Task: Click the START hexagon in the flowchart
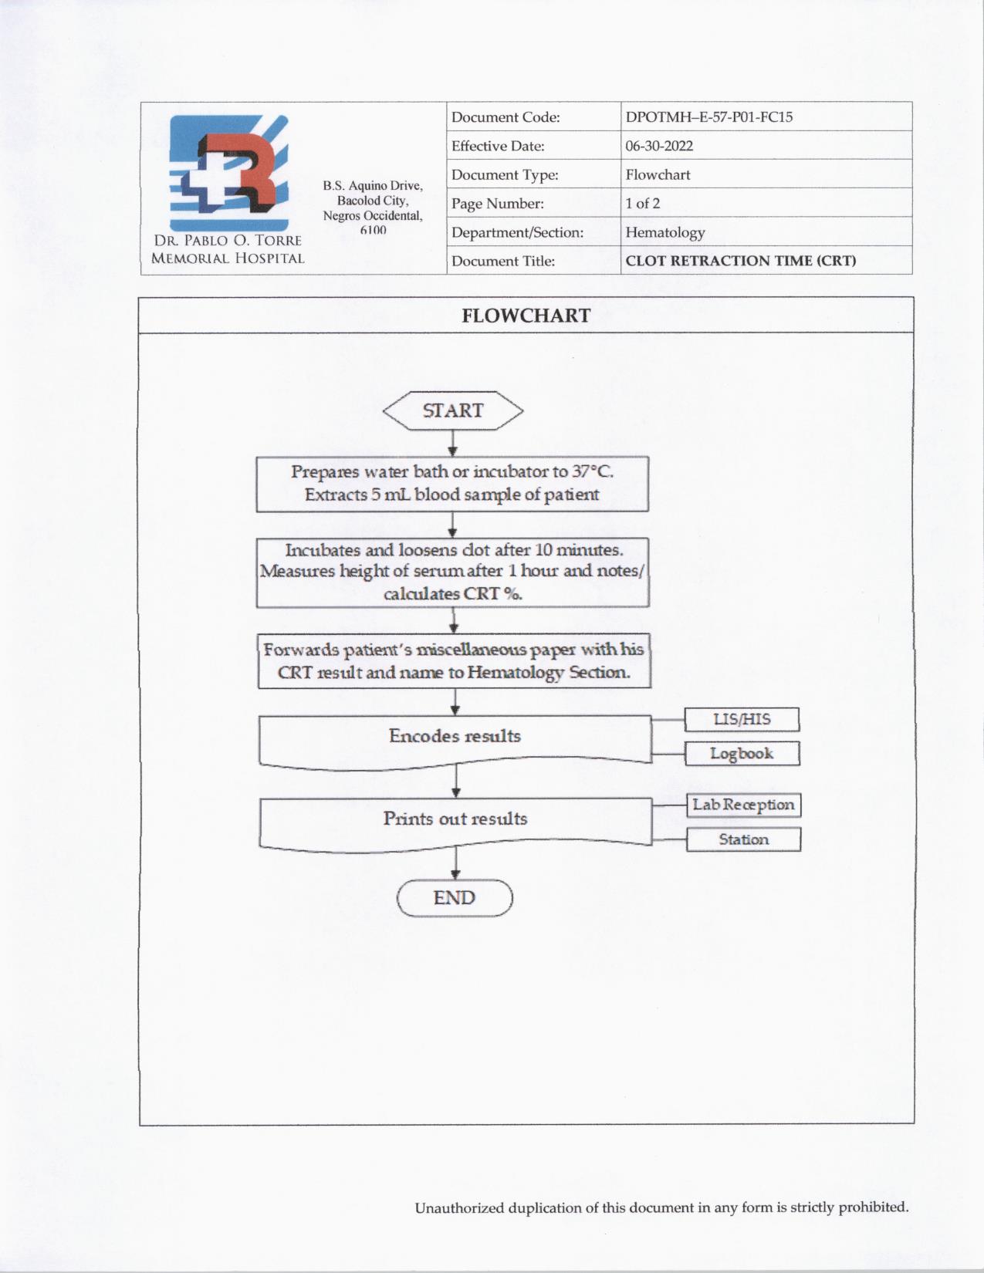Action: tap(453, 410)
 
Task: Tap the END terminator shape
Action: tap(455, 898)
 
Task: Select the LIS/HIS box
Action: tap(742, 719)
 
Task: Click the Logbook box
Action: tap(742, 754)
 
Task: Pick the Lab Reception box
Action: tap(743, 805)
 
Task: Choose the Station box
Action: tap(743, 839)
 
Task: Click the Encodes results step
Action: tap(455, 737)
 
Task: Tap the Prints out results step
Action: tap(455, 819)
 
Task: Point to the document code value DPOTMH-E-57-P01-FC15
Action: tap(708, 117)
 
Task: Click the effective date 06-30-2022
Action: tap(659, 146)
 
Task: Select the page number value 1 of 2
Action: tap(642, 204)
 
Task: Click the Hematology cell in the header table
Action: tap(664, 232)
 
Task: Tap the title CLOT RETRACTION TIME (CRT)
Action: tap(740, 261)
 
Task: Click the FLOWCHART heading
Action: tap(526, 316)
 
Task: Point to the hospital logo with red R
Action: tap(229, 173)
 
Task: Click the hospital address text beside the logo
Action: tap(373, 208)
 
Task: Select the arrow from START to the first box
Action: tap(452, 444)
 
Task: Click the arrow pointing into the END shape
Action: tap(455, 864)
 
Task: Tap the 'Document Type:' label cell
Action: tap(505, 175)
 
